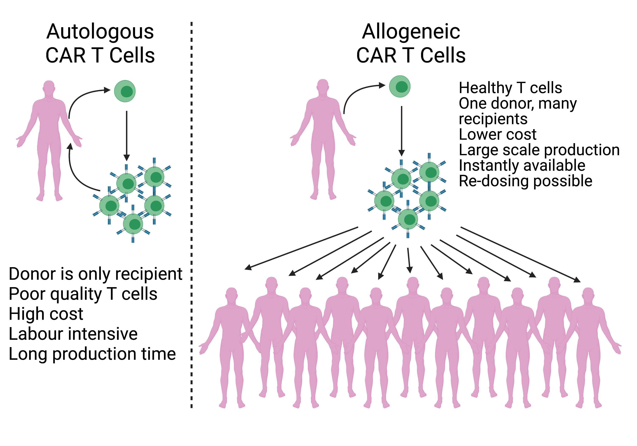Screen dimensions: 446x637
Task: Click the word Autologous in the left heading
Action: tap(100, 32)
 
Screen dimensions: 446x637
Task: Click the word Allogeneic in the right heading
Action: tap(411, 32)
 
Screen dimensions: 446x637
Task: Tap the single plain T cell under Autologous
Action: tap(125, 91)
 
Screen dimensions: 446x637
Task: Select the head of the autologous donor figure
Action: tap(49, 87)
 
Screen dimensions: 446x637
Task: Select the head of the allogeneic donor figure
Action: tap(323, 85)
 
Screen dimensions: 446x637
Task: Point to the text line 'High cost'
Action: tap(46, 314)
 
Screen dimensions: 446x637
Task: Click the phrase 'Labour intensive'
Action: tap(73, 334)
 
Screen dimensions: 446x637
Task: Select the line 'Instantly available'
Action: tap(522, 165)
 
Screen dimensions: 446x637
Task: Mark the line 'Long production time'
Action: tap(92, 354)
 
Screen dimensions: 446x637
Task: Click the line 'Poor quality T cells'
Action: tap(83, 294)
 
